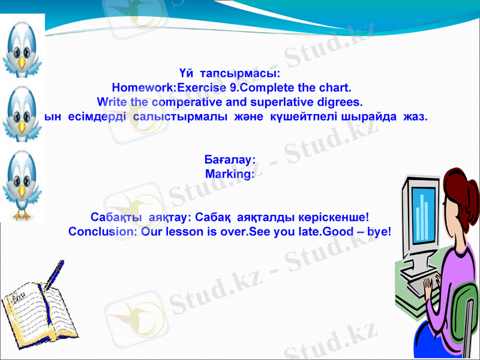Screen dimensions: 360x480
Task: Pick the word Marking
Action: pyautogui.click(x=229, y=173)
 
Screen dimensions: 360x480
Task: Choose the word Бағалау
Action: pyautogui.click(x=230, y=160)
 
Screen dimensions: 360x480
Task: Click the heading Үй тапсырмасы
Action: pyautogui.click(x=229, y=73)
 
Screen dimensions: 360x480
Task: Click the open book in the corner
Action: pyautogui.click(x=33, y=312)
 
